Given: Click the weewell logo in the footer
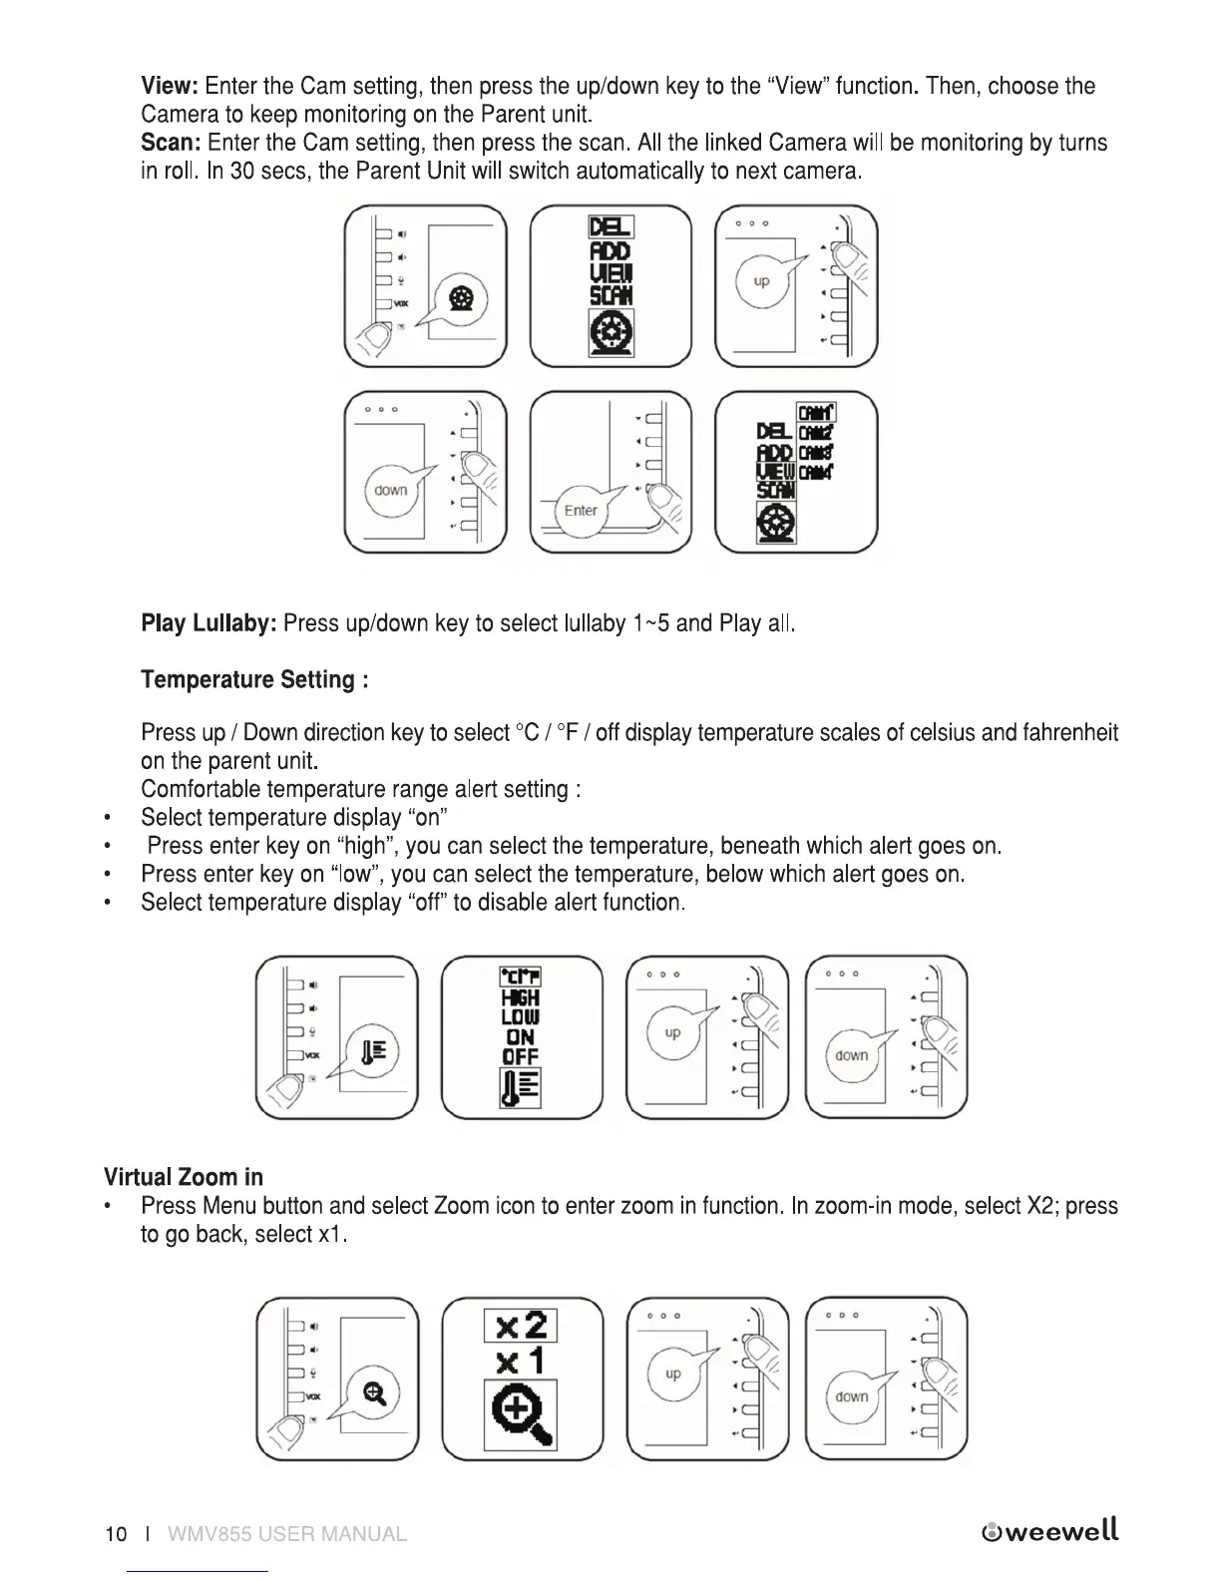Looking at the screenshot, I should (1050, 1531).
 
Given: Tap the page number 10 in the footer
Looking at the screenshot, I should (116, 1534).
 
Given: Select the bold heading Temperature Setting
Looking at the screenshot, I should (254, 680).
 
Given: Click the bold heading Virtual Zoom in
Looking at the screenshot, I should (184, 1177).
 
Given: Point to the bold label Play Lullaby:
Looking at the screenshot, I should (208, 624).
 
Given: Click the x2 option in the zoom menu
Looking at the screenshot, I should (521, 1326).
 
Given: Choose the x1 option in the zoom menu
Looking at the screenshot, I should (521, 1362).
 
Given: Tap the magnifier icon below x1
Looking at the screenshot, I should (521, 1414).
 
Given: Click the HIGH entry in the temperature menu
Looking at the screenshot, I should (521, 997).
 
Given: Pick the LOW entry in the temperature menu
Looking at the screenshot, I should (521, 1017).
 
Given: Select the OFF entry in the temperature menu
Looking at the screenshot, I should (521, 1056).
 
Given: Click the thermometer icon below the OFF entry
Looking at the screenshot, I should (521, 1088).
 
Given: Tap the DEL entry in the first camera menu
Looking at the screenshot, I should (610, 227).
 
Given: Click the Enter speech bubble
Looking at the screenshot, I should (580, 511).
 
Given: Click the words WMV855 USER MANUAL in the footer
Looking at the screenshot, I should (287, 1534).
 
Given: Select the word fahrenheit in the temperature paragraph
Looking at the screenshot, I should (1069, 733).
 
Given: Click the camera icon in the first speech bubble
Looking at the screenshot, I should (460, 297).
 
